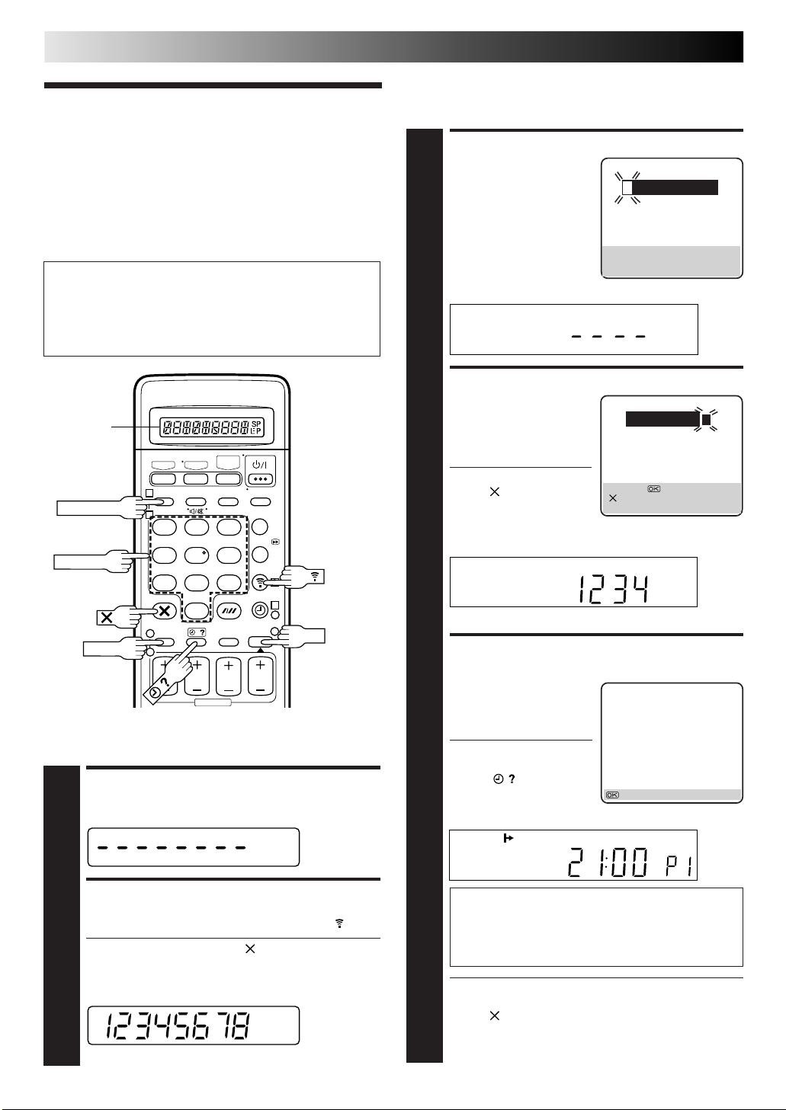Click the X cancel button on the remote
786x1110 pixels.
pos(165,610)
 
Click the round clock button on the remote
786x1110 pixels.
pos(260,610)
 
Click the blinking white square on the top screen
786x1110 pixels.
pos(627,187)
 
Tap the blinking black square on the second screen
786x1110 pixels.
pos(707,419)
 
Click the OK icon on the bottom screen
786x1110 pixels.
pos(612,795)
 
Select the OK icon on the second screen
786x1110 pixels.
pos(653,488)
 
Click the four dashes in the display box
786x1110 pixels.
pos(608,335)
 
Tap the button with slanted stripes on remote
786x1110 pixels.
pos(228,610)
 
